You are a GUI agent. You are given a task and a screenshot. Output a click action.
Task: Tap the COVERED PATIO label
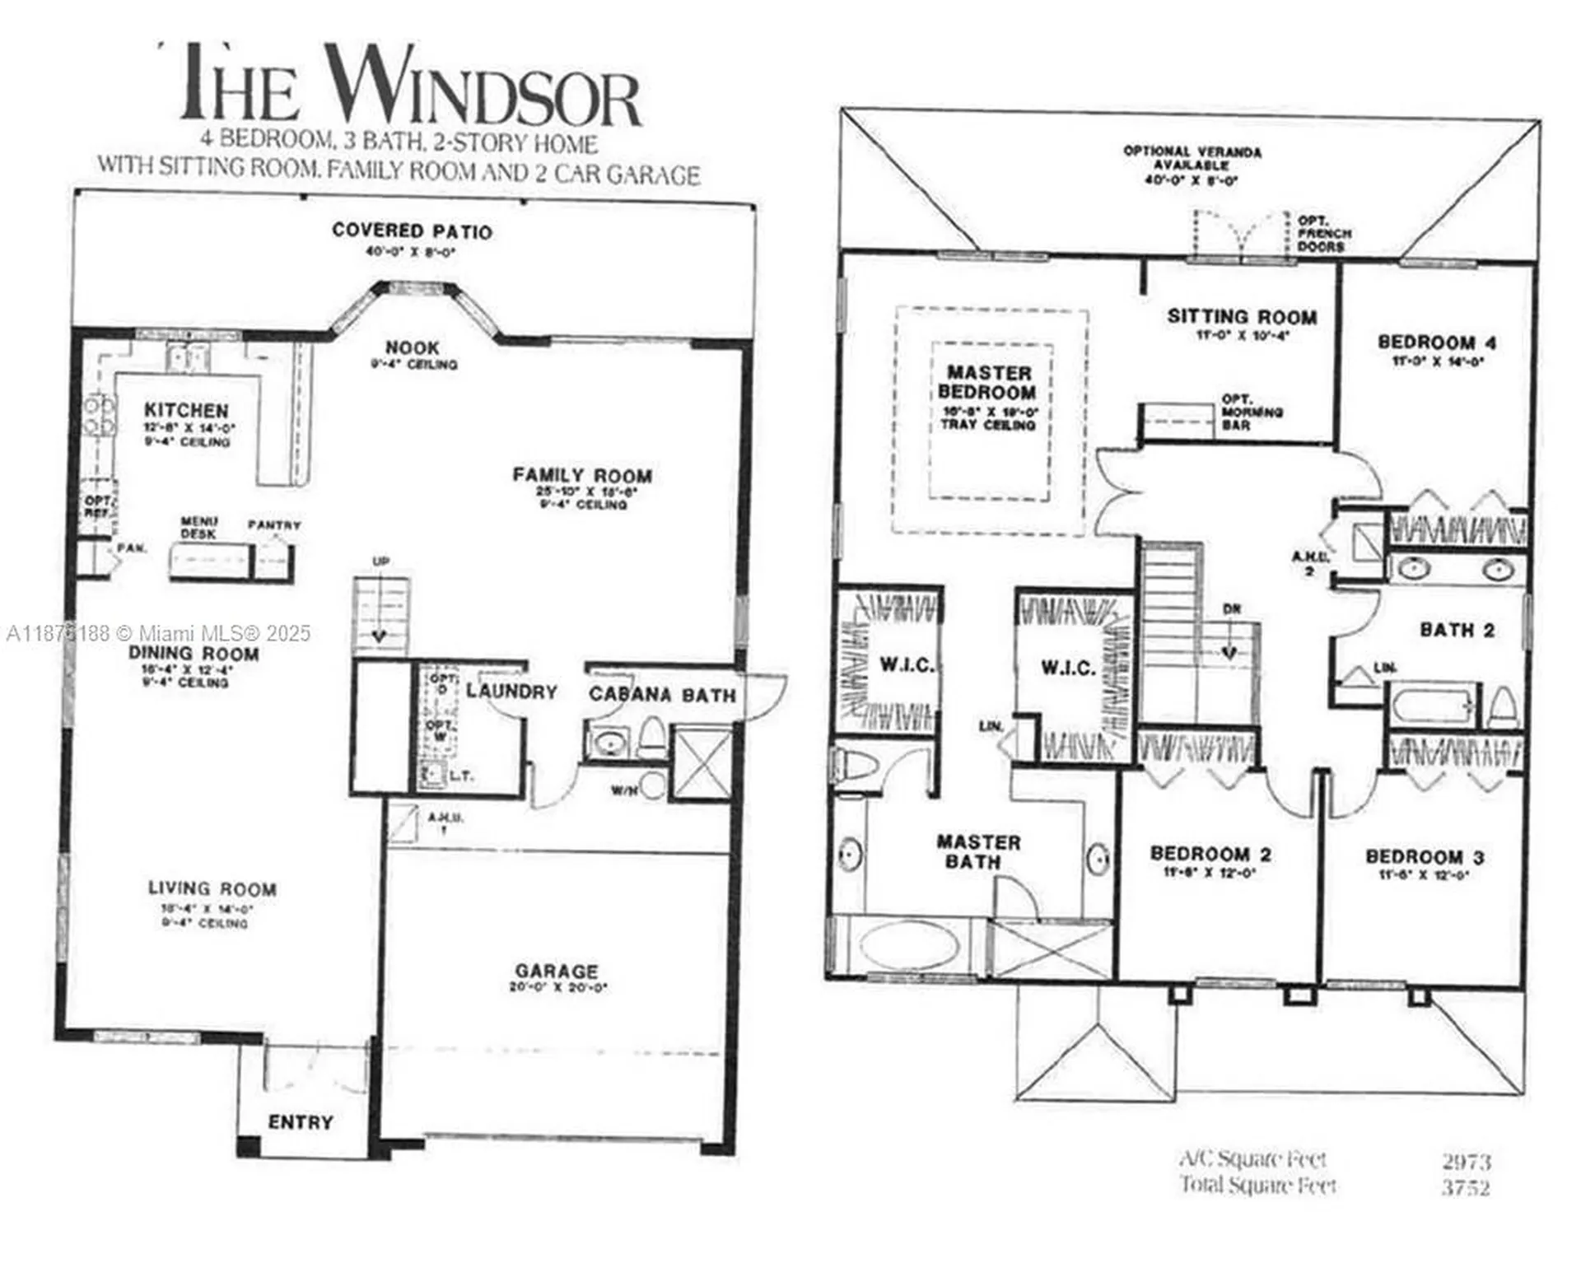412,231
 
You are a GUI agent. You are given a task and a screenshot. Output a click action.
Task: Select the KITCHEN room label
186,410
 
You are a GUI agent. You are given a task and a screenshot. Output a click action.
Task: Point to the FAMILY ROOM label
582,476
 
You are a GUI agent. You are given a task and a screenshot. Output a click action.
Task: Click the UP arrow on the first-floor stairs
380,636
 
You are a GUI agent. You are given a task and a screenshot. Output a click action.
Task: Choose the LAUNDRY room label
511,692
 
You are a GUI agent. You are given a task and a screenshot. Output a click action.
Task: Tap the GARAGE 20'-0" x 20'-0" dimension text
557,987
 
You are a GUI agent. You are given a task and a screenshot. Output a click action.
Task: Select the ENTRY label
301,1122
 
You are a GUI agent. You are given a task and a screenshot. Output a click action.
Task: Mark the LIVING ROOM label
212,889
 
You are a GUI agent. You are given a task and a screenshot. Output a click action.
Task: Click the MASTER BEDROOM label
987,383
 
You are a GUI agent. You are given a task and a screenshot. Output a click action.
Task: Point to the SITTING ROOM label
1242,317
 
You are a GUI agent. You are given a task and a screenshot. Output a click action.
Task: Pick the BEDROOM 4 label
1437,343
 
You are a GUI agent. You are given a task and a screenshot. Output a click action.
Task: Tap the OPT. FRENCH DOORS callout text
1323,234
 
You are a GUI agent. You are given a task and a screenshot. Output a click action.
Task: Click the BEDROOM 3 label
1425,857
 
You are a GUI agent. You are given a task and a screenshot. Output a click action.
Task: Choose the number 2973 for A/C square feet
1466,1162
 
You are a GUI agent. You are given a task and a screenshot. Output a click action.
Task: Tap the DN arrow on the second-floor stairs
1229,651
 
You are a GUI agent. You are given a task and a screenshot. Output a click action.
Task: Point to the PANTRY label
274,525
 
